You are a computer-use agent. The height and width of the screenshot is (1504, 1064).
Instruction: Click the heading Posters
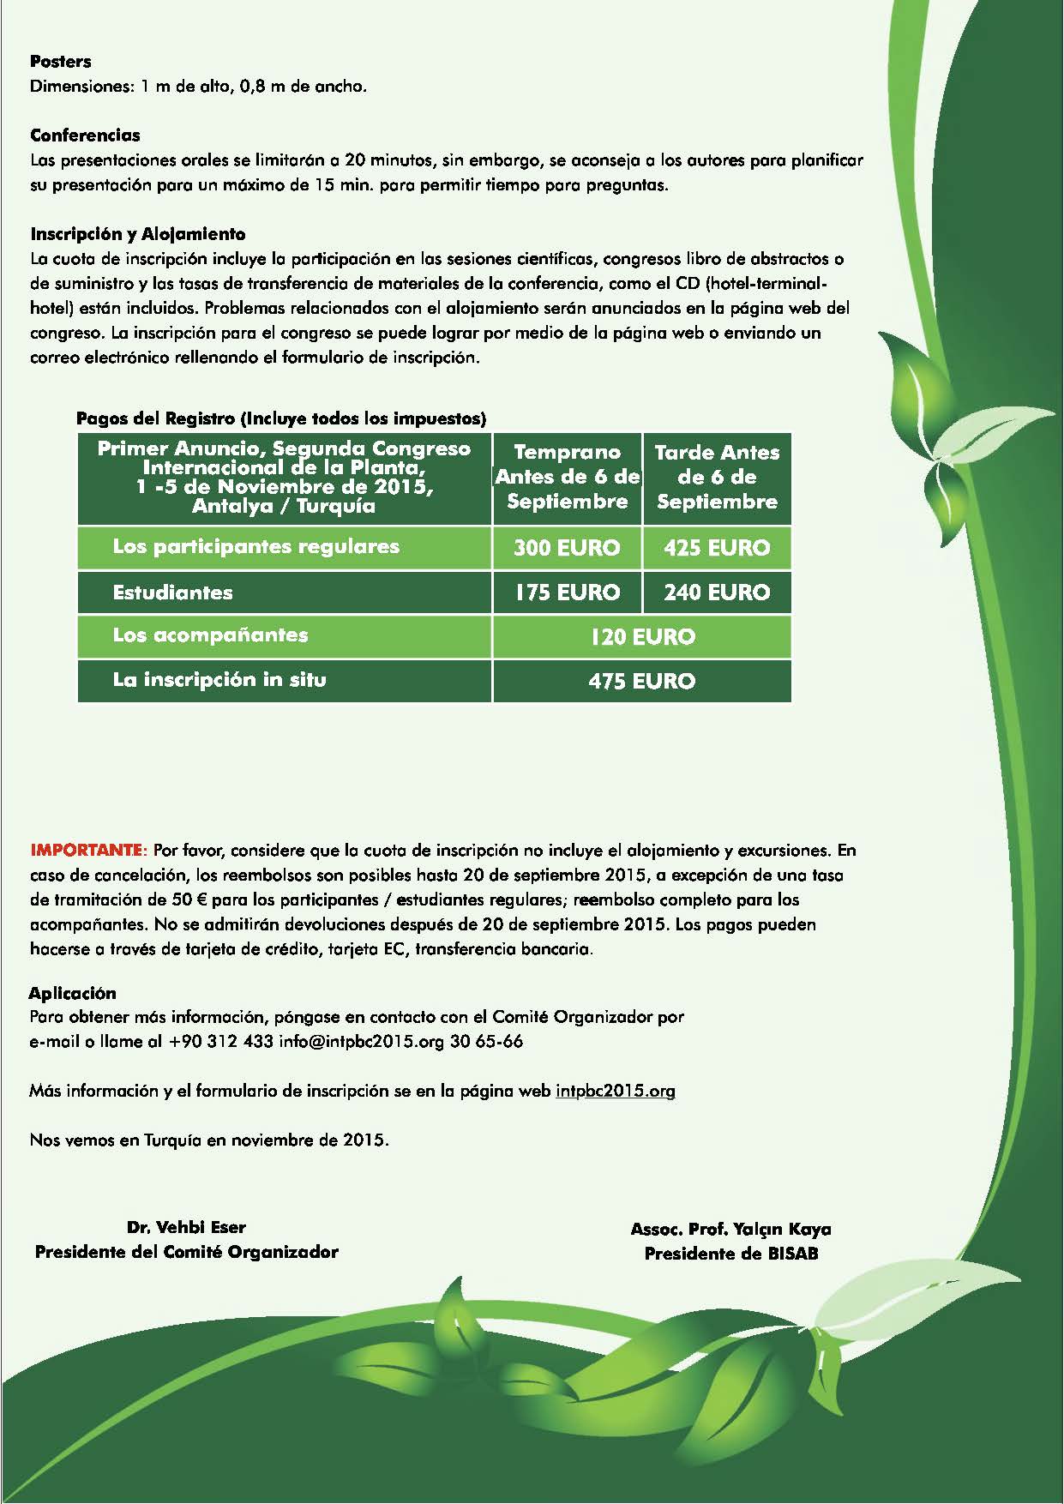[61, 62]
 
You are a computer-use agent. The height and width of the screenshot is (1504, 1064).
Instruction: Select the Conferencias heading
[85, 135]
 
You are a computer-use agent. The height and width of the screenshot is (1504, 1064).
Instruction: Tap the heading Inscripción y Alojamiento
[138, 234]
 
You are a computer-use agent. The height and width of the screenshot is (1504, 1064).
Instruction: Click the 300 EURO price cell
[567, 548]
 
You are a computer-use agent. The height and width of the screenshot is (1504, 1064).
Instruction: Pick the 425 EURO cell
[717, 548]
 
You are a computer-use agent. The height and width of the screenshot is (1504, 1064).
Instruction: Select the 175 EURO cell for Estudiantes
[567, 593]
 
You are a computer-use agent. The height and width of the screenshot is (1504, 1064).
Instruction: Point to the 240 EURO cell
[717, 593]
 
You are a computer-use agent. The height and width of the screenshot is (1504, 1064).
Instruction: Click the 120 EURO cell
[641, 637]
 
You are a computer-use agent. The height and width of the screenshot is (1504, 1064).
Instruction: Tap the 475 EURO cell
[641, 682]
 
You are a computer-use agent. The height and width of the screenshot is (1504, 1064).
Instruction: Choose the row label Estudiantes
[173, 593]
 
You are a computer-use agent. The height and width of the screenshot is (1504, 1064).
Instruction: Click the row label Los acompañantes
[210, 635]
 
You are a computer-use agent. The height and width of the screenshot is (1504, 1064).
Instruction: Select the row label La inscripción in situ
[219, 680]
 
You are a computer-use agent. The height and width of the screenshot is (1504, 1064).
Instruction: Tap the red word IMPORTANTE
[89, 851]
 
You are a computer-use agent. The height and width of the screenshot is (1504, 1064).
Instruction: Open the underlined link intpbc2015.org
[615, 1092]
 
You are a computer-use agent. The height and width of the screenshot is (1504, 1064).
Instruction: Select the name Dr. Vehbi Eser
[186, 1227]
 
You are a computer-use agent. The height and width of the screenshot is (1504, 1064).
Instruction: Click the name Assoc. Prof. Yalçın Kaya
[730, 1230]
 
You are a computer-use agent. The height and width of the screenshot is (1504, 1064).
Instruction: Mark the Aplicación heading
[73, 993]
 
